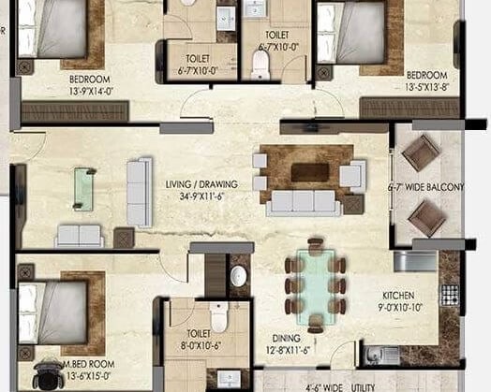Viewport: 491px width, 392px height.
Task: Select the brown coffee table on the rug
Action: pyautogui.click(x=309, y=172)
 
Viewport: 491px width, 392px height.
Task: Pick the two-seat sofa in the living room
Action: pyautogui.click(x=79, y=235)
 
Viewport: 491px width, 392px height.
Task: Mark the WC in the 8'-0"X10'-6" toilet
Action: pyautogui.click(x=217, y=319)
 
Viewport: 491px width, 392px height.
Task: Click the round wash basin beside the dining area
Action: pyautogui.click(x=239, y=276)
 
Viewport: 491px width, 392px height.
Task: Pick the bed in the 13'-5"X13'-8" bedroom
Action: pyautogui.click(x=356, y=33)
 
